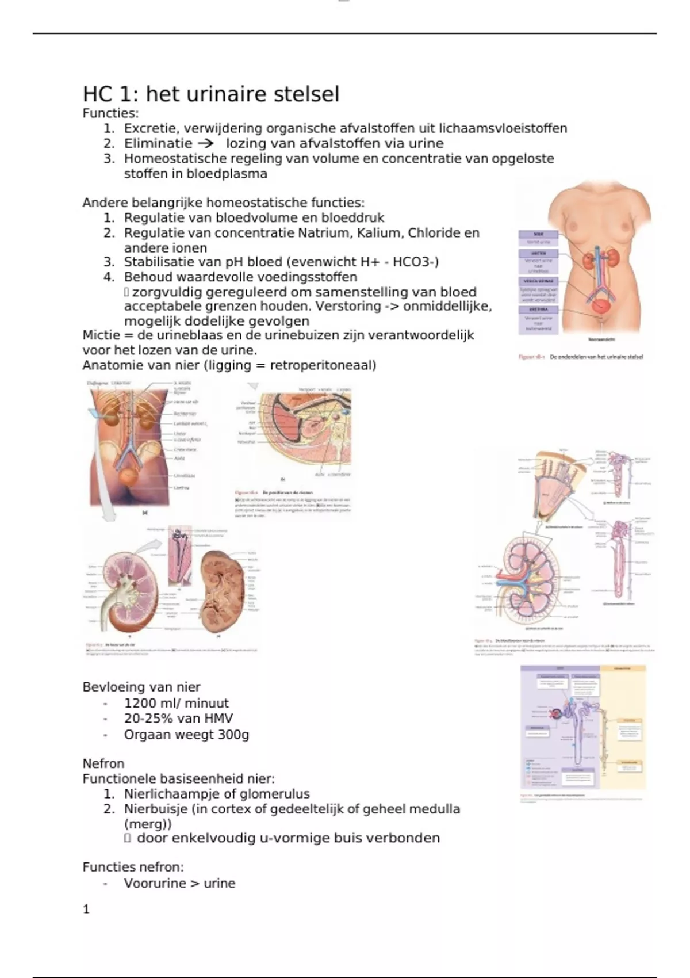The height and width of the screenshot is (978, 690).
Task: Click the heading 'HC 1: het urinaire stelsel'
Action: click(211, 94)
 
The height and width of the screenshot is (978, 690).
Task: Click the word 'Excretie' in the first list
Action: click(148, 128)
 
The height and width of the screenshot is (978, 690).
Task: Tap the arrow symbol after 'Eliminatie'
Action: click(205, 143)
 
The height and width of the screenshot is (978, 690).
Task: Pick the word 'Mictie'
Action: click(102, 335)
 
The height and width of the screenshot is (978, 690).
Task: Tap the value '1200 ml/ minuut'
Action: click(176, 703)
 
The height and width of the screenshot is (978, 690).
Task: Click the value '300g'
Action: click(233, 734)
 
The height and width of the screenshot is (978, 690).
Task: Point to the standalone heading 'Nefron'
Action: click(103, 763)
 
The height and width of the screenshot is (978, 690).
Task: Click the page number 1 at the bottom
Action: click(86, 909)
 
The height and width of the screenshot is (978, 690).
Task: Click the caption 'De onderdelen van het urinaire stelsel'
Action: click(596, 357)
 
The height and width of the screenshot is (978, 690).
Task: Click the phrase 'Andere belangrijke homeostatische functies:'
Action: click(223, 203)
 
